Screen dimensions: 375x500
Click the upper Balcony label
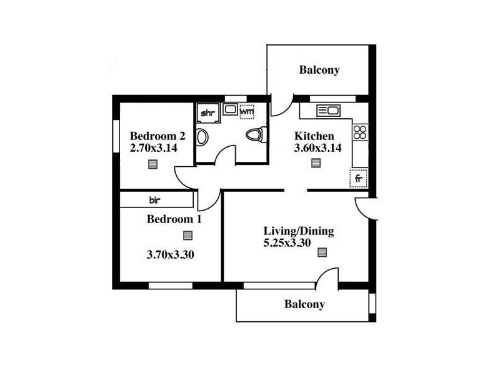tap(319, 70)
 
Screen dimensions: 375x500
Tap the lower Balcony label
tap(304, 304)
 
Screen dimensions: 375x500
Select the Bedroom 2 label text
tap(157, 136)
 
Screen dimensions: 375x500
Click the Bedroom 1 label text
tap(174, 219)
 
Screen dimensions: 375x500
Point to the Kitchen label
tap(314, 136)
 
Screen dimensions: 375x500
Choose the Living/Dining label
tap(298, 231)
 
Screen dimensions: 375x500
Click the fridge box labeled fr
tap(359, 178)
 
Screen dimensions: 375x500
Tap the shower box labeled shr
tap(207, 113)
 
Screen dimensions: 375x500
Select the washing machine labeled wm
tap(247, 112)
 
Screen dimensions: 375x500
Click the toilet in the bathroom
tap(256, 134)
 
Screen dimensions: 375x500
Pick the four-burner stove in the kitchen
tap(360, 132)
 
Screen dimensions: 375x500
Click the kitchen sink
tap(328, 111)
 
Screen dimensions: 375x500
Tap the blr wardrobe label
tap(154, 200)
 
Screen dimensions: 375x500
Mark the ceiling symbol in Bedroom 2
tap(153, 164)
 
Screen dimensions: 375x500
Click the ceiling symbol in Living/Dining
tap(322, 253)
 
